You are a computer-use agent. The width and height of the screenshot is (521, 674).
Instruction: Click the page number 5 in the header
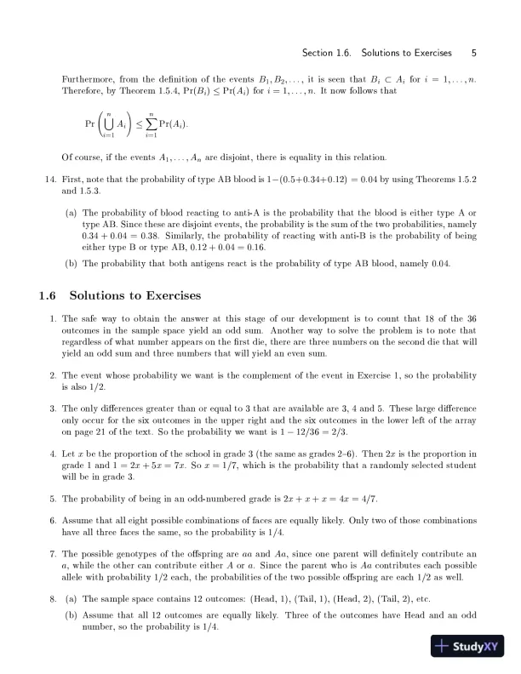[x=473, y=53]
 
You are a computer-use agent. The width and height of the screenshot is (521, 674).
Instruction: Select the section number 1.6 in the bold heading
[x=47, y=296]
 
